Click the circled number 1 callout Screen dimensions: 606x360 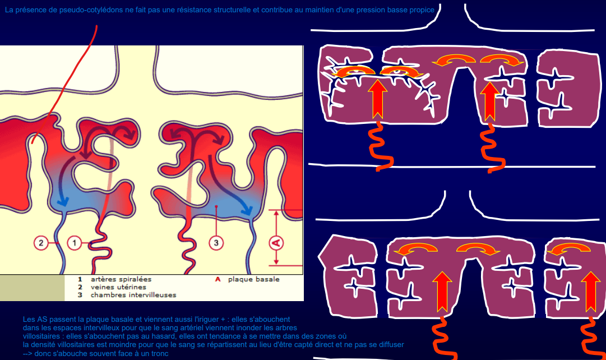pyautogui.click(x=75, y=243)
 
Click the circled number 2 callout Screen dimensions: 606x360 pyautogui.click(x=41, y=243)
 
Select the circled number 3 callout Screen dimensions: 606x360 pyautogui.click(x=216, y=243)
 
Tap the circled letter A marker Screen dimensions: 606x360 pyautogui.click(x=276, y=243)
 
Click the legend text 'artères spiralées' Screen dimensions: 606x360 pyautogui.click(x=121, y=279)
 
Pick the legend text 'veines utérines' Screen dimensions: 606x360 pyautogui.click(x=118, y=287)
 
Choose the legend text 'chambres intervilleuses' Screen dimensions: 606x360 pyautogui.click(x=133, y=295)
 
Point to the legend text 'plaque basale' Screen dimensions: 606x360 pyautogui.click(x=253, y=279)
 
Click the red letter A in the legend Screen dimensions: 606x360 pyautogui.click(x=218, y=279)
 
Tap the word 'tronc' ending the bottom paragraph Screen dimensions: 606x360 pyautogui.click(x=159, y=353)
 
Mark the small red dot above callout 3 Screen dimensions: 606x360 pyautogui.click(x=216, y=207)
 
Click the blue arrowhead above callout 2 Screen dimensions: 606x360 pyautogui.click(x=63, y=201)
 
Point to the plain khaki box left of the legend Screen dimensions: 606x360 pyautogui.click(x=32, y=288)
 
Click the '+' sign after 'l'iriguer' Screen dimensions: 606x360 pyautogui.click(x=223, y=320)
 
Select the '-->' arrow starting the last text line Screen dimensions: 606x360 pyautogui.click(x=27, y=353)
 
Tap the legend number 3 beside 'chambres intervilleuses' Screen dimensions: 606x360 pyautogui.click(x=80, y=295)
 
